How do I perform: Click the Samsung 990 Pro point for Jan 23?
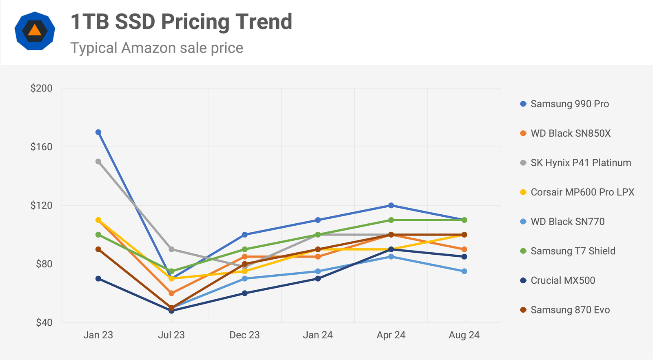(98, 132)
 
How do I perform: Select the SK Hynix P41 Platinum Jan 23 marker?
(98, 162)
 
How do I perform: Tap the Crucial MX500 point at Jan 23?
(98, 279)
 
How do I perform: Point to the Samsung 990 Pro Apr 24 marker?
(391, 205)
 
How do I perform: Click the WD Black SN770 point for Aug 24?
(464, 271)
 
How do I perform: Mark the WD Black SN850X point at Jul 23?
(171, 293)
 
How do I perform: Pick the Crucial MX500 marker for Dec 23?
(245, 293)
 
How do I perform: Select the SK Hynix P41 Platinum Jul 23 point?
(171, 249)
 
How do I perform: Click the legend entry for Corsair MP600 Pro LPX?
(582, 192)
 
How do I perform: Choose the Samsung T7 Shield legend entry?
(573, 251)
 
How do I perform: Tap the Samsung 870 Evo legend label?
(570, 310)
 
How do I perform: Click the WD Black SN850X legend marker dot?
(523, 133)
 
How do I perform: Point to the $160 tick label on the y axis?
(41, 147)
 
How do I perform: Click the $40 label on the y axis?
(44, 322)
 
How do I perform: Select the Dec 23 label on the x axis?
(244, 335)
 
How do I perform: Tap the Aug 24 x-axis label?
(464, 335)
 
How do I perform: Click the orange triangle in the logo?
(35, 30)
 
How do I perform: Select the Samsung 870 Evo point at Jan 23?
(98, 249)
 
